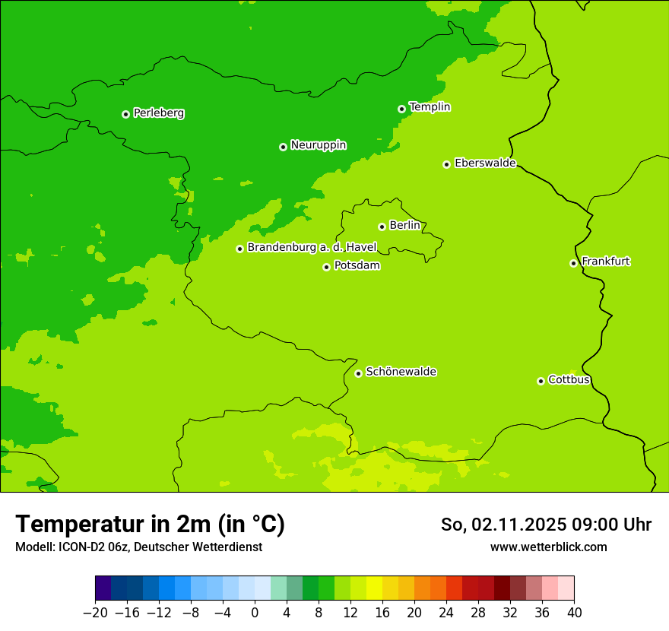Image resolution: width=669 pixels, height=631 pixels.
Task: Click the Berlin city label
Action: click(404, 226)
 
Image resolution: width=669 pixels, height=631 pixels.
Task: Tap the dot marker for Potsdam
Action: click(326, 267)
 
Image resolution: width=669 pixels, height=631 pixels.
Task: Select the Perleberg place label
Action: click(158, 113)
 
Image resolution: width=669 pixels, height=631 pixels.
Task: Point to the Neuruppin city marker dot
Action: click(283, 147)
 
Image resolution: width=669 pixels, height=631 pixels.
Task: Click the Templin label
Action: click(430, 107)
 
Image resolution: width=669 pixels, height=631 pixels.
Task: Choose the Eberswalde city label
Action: click(485, 163)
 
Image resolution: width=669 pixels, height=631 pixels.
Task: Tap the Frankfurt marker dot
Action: click(573, 263)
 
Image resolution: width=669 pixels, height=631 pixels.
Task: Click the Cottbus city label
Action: click(569, 380)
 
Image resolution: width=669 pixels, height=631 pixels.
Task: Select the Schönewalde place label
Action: click(401, 372)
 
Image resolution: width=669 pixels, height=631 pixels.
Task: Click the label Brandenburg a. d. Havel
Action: click(312, 248)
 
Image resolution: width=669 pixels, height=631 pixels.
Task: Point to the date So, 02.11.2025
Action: click(503, 525)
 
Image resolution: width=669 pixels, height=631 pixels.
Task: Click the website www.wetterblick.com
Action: click(548, 547)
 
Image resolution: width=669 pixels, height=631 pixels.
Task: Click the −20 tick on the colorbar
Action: click(95, 612)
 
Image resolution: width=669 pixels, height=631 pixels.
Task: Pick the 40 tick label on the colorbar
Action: click(574, 612)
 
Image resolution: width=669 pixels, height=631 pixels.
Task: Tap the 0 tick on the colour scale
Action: click(255, 612)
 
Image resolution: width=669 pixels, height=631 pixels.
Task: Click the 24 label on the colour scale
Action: click(446, 612)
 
